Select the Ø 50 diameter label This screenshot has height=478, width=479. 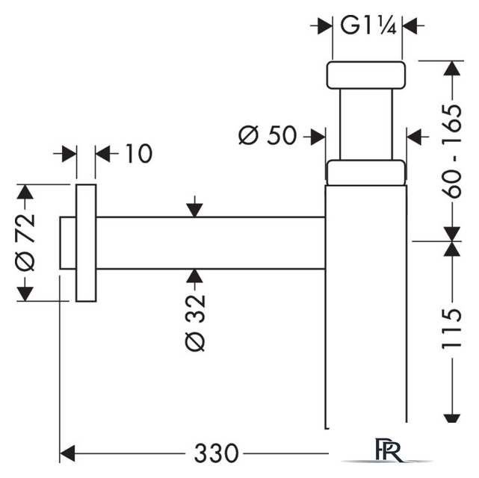268,135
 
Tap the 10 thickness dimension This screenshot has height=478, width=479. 139,153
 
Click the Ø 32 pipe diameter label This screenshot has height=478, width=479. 195,323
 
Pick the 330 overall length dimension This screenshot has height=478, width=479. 216,453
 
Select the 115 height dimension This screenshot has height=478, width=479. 451,329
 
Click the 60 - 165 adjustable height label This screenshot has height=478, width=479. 451,152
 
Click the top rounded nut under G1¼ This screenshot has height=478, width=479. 366,75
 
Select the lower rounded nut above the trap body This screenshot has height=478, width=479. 366,173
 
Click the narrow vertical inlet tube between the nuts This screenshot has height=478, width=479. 366,125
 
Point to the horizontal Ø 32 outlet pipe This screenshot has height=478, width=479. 211,243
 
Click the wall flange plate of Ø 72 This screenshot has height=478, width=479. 86,243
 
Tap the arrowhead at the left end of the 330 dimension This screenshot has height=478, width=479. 67,453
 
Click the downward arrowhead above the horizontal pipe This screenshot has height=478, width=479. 195,210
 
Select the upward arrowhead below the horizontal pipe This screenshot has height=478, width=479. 195,276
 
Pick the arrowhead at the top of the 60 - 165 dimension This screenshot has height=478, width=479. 452,69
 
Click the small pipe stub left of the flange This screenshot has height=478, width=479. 68,243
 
